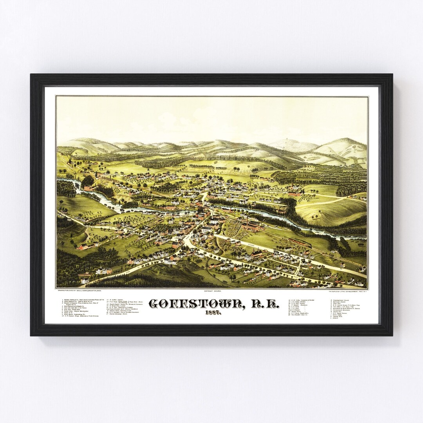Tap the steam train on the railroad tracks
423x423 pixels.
tap(300, 243)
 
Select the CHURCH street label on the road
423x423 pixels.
tap(251, 246)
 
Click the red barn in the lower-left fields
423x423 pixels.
tap(83, 246)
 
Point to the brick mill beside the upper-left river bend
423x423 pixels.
tap(88, 188)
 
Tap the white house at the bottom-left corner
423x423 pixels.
tap(85, 280)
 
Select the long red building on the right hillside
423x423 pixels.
tap(294, 194)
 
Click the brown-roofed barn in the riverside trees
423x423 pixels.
tap(283, 211)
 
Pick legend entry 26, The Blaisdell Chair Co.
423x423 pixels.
tap(300, 315)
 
